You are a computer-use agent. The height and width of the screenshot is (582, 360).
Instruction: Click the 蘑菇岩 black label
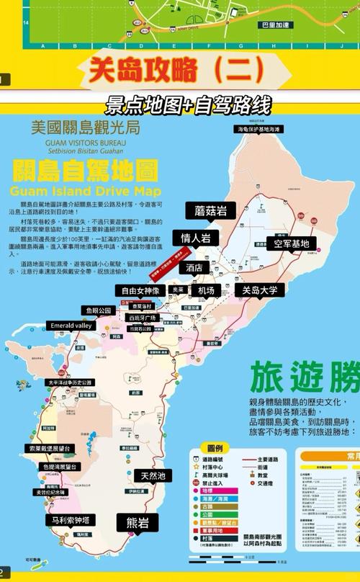point(211,211)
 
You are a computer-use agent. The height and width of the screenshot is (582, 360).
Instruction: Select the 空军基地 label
point(291,243)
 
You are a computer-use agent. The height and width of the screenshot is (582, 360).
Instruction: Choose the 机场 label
point(206,290)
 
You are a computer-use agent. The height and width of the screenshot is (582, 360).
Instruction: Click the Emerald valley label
point(71,326)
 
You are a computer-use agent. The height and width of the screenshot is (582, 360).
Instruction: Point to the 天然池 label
point(153,476)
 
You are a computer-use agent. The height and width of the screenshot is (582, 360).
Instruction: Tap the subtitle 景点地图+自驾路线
point(188,104)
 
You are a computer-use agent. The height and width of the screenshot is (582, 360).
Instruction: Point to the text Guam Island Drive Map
point(86,191)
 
